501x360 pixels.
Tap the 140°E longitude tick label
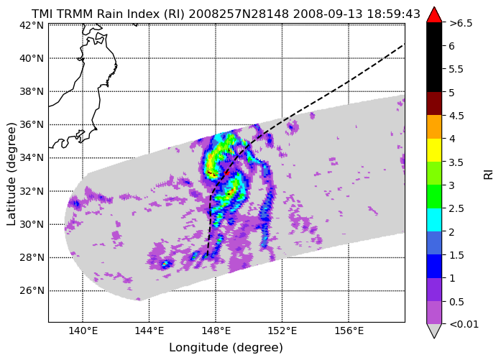point(83,331)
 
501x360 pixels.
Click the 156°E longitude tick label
point(349,331)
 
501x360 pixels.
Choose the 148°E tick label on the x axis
point(216,331)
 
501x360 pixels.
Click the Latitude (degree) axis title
point(11,174)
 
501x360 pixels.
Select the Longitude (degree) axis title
point(226,348)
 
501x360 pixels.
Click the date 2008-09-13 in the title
point(328,14)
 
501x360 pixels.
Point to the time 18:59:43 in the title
point(393,14)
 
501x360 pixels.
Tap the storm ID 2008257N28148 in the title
point(239,14)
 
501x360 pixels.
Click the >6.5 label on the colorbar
point(461,23)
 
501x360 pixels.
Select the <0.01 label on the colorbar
point(464,324)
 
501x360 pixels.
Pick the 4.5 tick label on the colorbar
point(456,116)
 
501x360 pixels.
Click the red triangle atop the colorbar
point(434,15)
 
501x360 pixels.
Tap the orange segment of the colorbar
point(434,126)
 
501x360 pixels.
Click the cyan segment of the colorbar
point(434,220)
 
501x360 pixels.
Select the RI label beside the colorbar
point(489,175)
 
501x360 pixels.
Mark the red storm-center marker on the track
point(226,173)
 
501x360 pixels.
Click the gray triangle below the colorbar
point(434,331)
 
